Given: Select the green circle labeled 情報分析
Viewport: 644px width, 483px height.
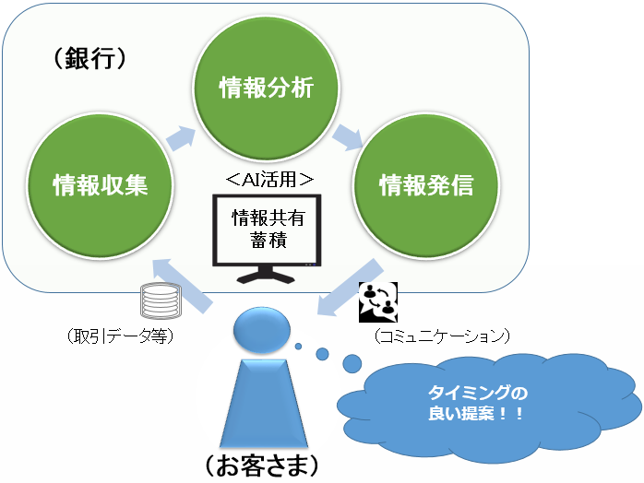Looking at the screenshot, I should click(x=266, y=88).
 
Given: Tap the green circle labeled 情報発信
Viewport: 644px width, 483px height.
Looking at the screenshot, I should click(x=425, y=186).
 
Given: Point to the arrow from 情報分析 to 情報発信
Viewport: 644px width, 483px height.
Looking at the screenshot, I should click(x=348, y=136).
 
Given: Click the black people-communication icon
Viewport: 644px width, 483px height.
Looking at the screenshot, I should click(x=377, y=300).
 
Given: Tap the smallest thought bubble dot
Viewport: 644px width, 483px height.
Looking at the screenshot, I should click(x=299, y=347).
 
